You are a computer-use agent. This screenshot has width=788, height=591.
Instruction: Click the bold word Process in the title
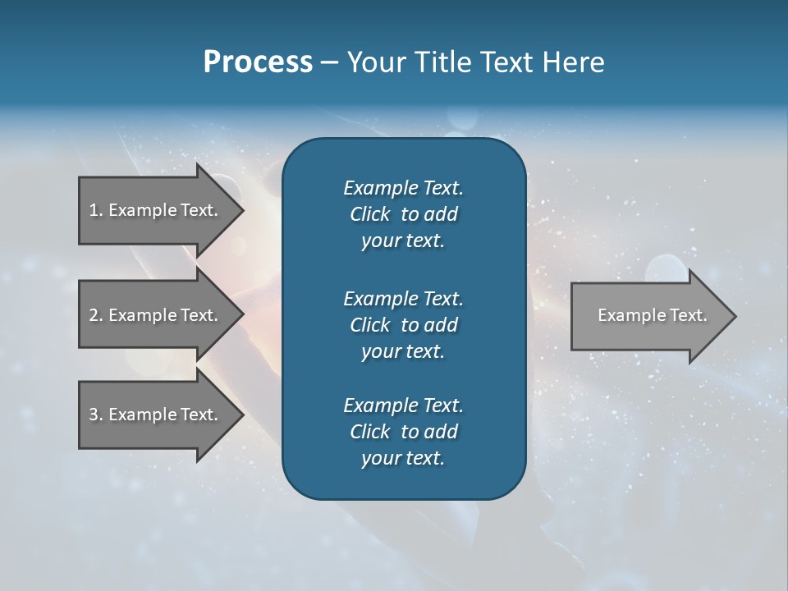[x=258, y=62]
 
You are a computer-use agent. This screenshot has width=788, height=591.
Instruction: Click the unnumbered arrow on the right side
[x=648, y=315]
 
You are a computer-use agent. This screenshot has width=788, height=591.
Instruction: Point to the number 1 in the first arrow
[x=94, y=210]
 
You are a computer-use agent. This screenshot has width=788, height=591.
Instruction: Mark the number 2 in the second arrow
[x=94, y=315]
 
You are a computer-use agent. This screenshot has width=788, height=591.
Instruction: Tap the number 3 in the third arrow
[x=94, y=415]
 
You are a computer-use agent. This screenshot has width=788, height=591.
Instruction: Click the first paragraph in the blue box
[x=403, y=214]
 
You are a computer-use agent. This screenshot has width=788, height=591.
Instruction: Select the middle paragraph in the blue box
[x=403, y=325]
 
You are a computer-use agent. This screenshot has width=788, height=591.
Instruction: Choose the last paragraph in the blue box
[x=403, y=432]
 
